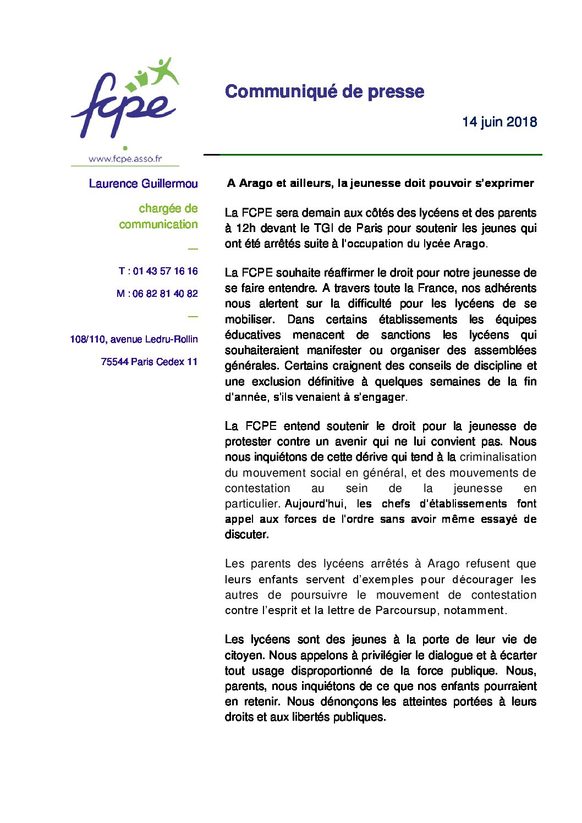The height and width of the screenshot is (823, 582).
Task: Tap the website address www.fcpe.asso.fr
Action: click(x=125, y=159)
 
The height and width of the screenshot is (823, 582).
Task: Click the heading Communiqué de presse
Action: click(x=325, y=91)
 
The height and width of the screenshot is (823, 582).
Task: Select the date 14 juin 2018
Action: click(x=499, y=121)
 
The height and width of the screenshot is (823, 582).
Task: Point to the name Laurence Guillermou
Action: click(x=143, y=184)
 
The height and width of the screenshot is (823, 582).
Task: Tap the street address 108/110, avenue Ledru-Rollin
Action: click(x=134, y=339)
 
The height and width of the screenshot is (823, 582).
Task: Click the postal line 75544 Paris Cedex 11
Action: click(x=149, y=362)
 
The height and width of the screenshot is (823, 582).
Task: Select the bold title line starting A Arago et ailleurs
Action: click(x=380, y=183)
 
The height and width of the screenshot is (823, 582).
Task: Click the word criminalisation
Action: click(x=498, y=457)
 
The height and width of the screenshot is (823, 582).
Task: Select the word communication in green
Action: click(x=158, y=224)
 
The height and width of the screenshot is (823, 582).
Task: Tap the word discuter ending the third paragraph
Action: click(x=246, y=534)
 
